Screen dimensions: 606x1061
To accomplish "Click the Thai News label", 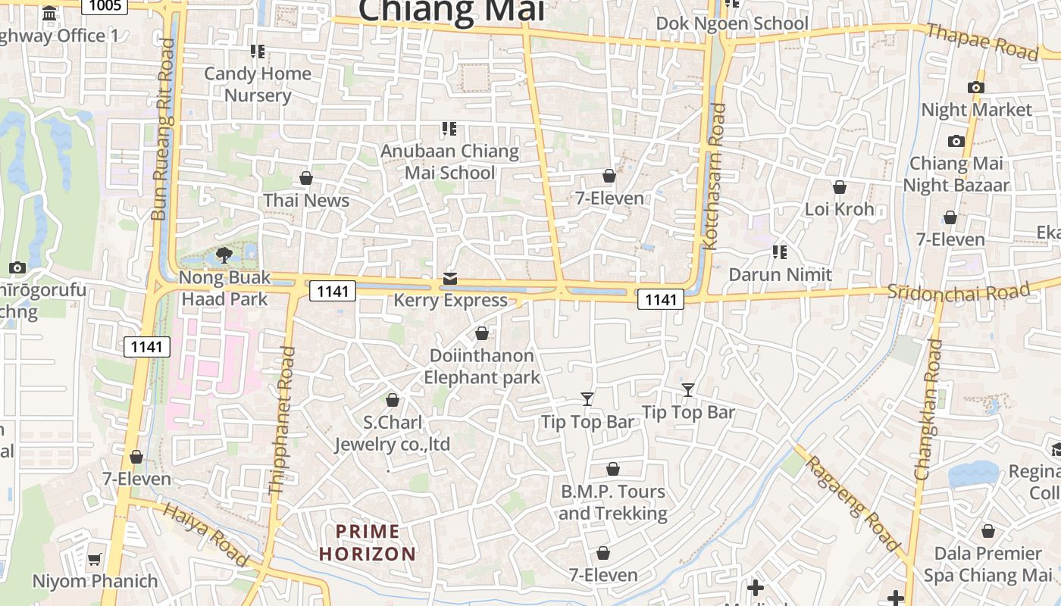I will [306, 201].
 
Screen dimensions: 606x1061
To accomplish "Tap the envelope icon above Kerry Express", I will [451, 280].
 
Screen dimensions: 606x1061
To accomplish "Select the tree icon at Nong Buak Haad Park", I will [224, 255].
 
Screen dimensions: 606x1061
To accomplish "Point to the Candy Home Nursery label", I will [258, 84].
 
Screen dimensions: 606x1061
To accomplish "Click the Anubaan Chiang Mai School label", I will [449, 162].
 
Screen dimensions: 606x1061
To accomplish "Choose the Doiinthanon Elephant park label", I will [482, 366].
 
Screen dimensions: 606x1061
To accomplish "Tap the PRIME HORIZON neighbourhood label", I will [368, 542].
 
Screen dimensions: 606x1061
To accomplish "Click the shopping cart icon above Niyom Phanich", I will [95, 560].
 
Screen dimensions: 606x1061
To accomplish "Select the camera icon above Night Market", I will [976, 88].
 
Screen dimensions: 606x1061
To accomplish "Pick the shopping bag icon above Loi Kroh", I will [840, 187].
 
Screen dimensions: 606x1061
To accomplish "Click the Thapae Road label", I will [982, 41].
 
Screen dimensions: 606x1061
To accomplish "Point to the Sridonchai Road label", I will [959, 292].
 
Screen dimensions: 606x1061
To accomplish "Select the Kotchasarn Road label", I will [714, 176].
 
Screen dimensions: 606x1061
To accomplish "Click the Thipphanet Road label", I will [281, 421].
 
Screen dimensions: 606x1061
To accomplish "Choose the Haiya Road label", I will [205, 535].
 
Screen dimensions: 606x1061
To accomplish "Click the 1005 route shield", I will [103, 7].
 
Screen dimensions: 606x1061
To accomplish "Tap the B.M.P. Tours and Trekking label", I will [613, 502].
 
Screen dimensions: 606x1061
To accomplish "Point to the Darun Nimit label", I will [780, 274].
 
